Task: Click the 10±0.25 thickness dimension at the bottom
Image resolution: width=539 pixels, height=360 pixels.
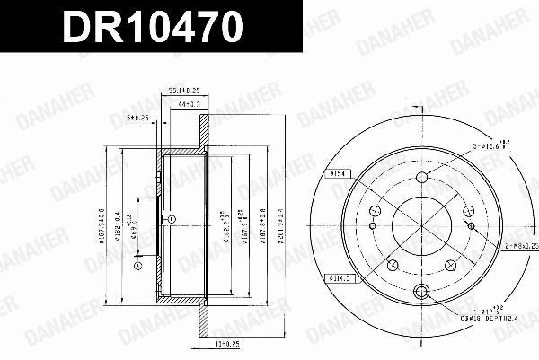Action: [x=200, y=343]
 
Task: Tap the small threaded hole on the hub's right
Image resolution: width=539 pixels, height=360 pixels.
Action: [x=467, y=212]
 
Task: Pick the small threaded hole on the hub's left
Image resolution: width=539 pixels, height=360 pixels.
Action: [x=375, y=211]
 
